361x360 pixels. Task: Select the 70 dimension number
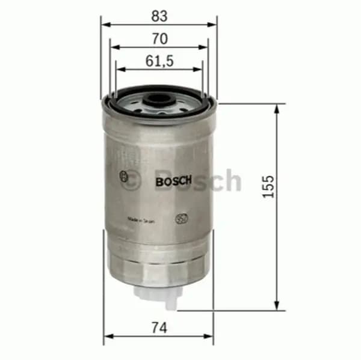[x=159, y=38]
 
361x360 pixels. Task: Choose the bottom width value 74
[x=159, y=328]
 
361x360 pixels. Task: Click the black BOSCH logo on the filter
[x=173, y=180]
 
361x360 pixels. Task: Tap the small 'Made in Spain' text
[x=141, y=221]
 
